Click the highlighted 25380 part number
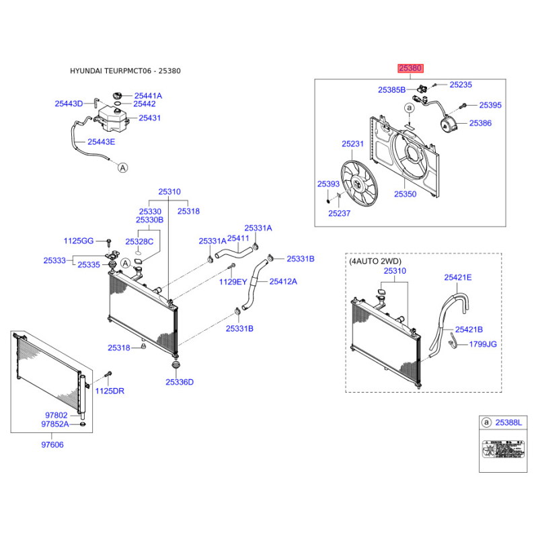[410, 68]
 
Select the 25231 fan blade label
[352, 144]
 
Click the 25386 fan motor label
[480, 124]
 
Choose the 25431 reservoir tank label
[150, 118]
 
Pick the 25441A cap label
[148, 96]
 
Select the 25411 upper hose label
[238, 238]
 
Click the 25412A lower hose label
[283, 281]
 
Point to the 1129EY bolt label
[233, 282]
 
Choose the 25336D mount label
[180, 382]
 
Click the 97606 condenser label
[52, 445]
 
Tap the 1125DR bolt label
[109, 391]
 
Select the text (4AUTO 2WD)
[375, 260]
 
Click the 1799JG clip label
[483, 344]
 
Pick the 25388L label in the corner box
[508, 422]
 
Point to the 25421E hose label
[457, 277]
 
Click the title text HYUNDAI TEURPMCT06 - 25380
[125, 71]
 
